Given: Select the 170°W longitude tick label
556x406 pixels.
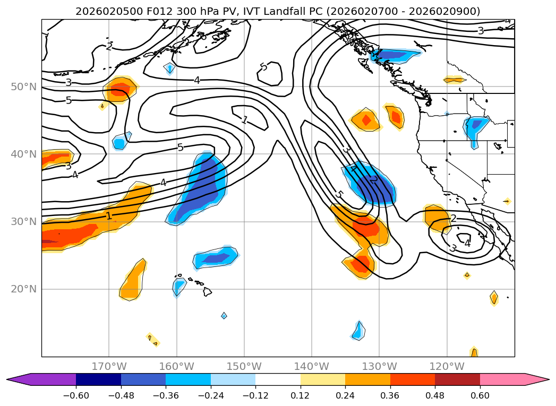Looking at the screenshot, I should click(109, 366).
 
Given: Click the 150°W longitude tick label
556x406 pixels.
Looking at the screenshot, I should click(244, 366).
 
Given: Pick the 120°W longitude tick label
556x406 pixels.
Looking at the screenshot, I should click(447, 366).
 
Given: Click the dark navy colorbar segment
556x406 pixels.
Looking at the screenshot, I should click(98, 379).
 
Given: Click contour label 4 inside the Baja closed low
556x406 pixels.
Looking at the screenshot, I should click(467, 243).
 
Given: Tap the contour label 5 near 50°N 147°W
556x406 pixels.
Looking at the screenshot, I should click(263, 67).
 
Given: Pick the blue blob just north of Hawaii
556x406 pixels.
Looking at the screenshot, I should click(215, 258).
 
